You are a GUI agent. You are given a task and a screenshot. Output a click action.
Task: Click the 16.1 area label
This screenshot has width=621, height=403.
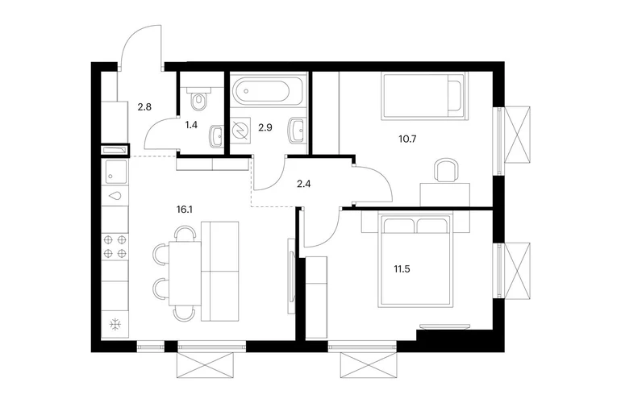185,210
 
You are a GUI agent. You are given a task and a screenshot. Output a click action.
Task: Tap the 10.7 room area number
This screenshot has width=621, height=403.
408,139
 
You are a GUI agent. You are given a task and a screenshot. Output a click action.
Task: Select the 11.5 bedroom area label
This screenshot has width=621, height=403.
402,269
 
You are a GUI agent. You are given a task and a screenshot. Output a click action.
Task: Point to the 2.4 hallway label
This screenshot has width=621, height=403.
303,184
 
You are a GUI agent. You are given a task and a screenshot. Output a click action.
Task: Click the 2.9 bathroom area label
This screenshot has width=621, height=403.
265,127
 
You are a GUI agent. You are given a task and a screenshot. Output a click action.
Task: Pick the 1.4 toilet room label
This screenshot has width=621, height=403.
191,125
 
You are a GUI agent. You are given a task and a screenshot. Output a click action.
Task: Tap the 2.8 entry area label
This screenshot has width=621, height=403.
144,107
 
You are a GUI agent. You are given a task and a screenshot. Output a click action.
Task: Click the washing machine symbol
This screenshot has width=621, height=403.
241,129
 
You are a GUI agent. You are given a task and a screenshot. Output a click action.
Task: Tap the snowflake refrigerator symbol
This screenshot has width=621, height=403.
115,326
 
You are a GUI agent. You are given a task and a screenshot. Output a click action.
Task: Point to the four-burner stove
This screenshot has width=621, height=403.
115,246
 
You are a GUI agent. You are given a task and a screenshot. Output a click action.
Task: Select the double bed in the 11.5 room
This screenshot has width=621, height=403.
415,260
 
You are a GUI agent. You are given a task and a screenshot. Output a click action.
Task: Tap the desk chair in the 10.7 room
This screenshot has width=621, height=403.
446,170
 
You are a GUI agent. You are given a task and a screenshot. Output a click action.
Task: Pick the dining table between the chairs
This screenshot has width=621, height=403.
185,273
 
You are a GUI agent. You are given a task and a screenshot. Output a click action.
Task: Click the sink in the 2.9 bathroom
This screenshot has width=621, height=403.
298,130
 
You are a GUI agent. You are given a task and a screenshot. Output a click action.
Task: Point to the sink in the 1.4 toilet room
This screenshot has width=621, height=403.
216,136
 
